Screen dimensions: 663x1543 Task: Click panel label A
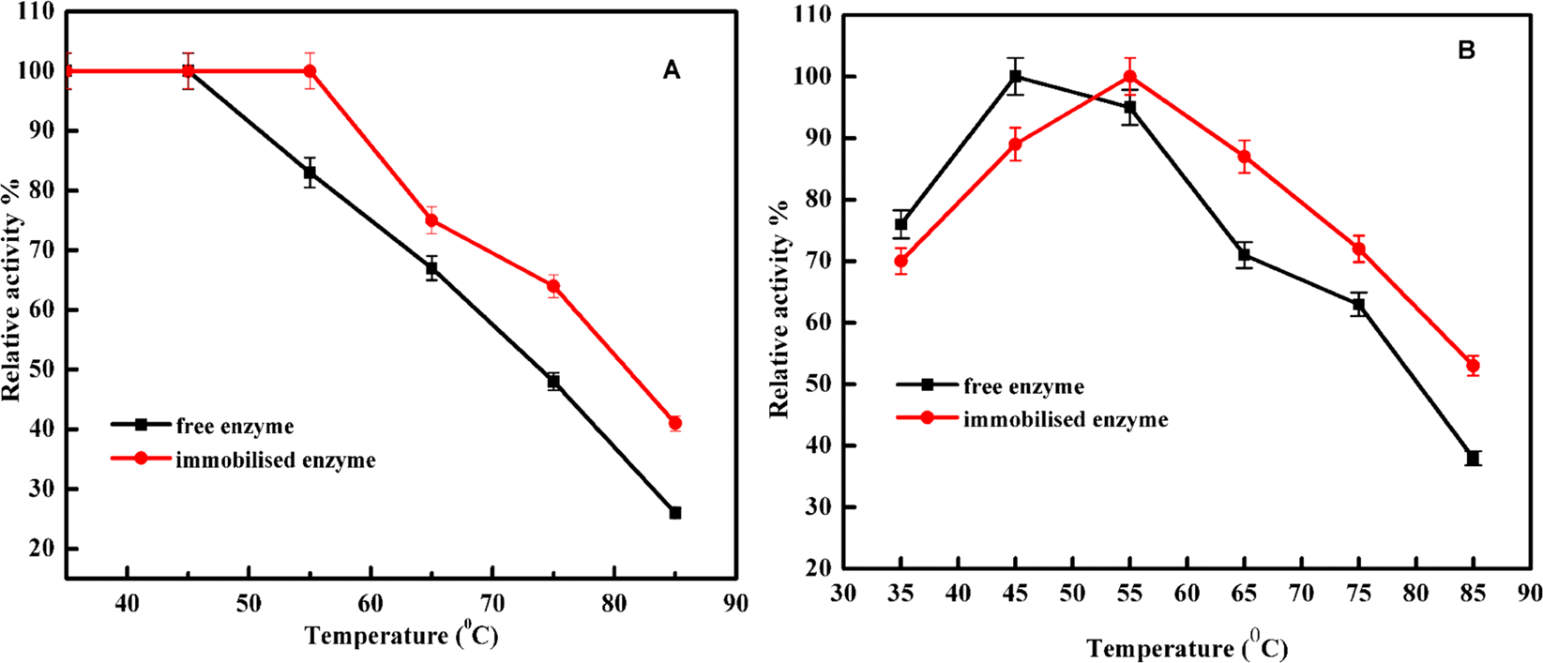[x=672, y=70]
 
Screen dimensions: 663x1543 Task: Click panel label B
[x=1467, y=51]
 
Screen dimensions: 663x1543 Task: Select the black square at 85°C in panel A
[x=675, y=513]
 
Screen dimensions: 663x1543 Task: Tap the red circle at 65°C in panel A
[x=431, y=220]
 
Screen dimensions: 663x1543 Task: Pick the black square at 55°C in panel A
[x=310, y=173]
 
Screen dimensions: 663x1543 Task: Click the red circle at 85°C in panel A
[x=675, y=423]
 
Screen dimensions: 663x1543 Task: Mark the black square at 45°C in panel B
[x=1015, y=76]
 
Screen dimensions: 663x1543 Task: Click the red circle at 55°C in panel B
[x=1129, y=76]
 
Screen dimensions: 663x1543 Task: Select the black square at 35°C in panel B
[x=900, y=224]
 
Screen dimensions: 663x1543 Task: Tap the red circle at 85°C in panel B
[x=1473, y=366]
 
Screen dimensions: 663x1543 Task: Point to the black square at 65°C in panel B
[x=1244, y=254]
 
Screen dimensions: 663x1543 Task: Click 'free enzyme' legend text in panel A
[x=234, y=427]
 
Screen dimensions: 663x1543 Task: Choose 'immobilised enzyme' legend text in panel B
[x=1066, y=419]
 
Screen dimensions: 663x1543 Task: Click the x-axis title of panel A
[x=401, y=636]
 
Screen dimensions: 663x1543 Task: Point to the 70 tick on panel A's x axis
[x=492, y=602]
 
